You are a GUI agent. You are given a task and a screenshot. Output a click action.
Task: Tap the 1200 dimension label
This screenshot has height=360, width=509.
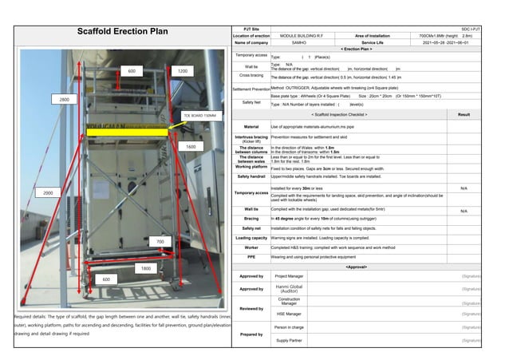click(183, 72)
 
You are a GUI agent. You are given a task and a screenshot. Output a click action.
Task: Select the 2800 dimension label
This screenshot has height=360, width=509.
click(64, 100)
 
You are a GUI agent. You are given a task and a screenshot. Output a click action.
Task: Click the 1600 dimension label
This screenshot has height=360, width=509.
click(191, 147)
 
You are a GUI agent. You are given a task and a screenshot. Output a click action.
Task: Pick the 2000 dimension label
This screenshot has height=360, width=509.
click(48, 193)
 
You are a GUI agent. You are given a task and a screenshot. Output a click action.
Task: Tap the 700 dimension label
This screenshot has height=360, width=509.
click(160, 241)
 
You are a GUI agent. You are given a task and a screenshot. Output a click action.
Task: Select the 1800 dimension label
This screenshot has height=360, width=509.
click(146, 269)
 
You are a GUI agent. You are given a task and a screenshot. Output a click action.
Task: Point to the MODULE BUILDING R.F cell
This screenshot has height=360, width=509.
click(298, 36)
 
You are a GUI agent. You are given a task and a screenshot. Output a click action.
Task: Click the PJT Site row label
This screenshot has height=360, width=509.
click(251, 30)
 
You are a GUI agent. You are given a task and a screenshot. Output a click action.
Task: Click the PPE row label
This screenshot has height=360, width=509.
click(251, 257)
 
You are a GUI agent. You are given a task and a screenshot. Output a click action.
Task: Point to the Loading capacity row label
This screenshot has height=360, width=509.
click(251, 238)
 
